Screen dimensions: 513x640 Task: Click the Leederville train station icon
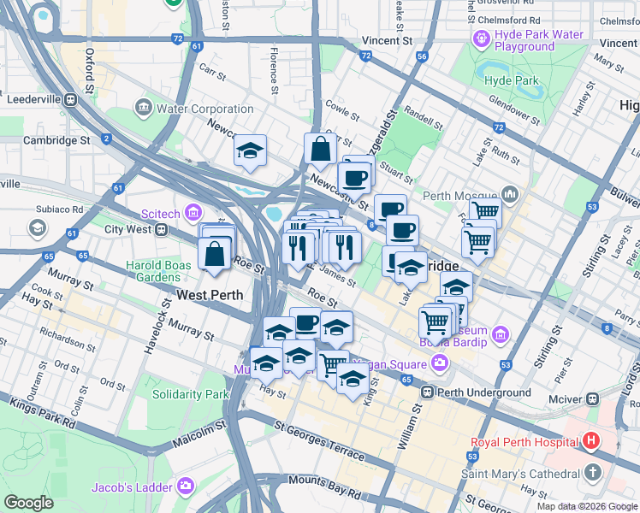pyautogui.click(x=70, y=99)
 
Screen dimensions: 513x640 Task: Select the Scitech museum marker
pyautogui.click(x=194, y=211)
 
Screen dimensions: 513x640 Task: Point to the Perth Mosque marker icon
pyautogui.click(x=512, y=193)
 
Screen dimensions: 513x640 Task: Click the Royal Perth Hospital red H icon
pyautogui.click(x=590, y=442)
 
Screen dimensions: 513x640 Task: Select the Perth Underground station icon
pyautogui.click(x=428, y=393)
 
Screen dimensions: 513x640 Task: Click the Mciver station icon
pyautogui.click(x=591, y=398)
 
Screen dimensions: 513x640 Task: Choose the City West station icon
pyautogui.click(x=160, y=229)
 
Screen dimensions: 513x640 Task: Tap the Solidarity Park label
pyautogui.click(x=190, y=394)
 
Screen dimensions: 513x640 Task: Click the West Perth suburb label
pyautogui.click(x=209, y=295)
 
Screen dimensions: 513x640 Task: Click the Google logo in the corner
pyautogui.click(x=28, y=503)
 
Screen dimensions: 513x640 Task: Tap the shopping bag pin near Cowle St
pyautogui.click(x=320, y=149)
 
